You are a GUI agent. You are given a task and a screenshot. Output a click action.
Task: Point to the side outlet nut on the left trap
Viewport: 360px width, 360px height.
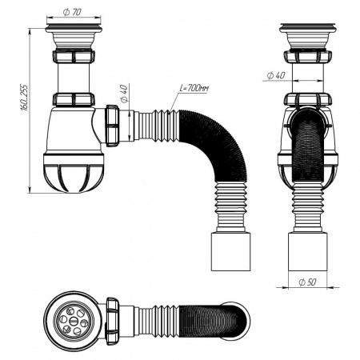pyautogui.click(x=114, y=125)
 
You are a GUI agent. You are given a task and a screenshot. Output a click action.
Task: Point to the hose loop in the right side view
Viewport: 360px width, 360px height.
pyautogui.click(x=307, y=140)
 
